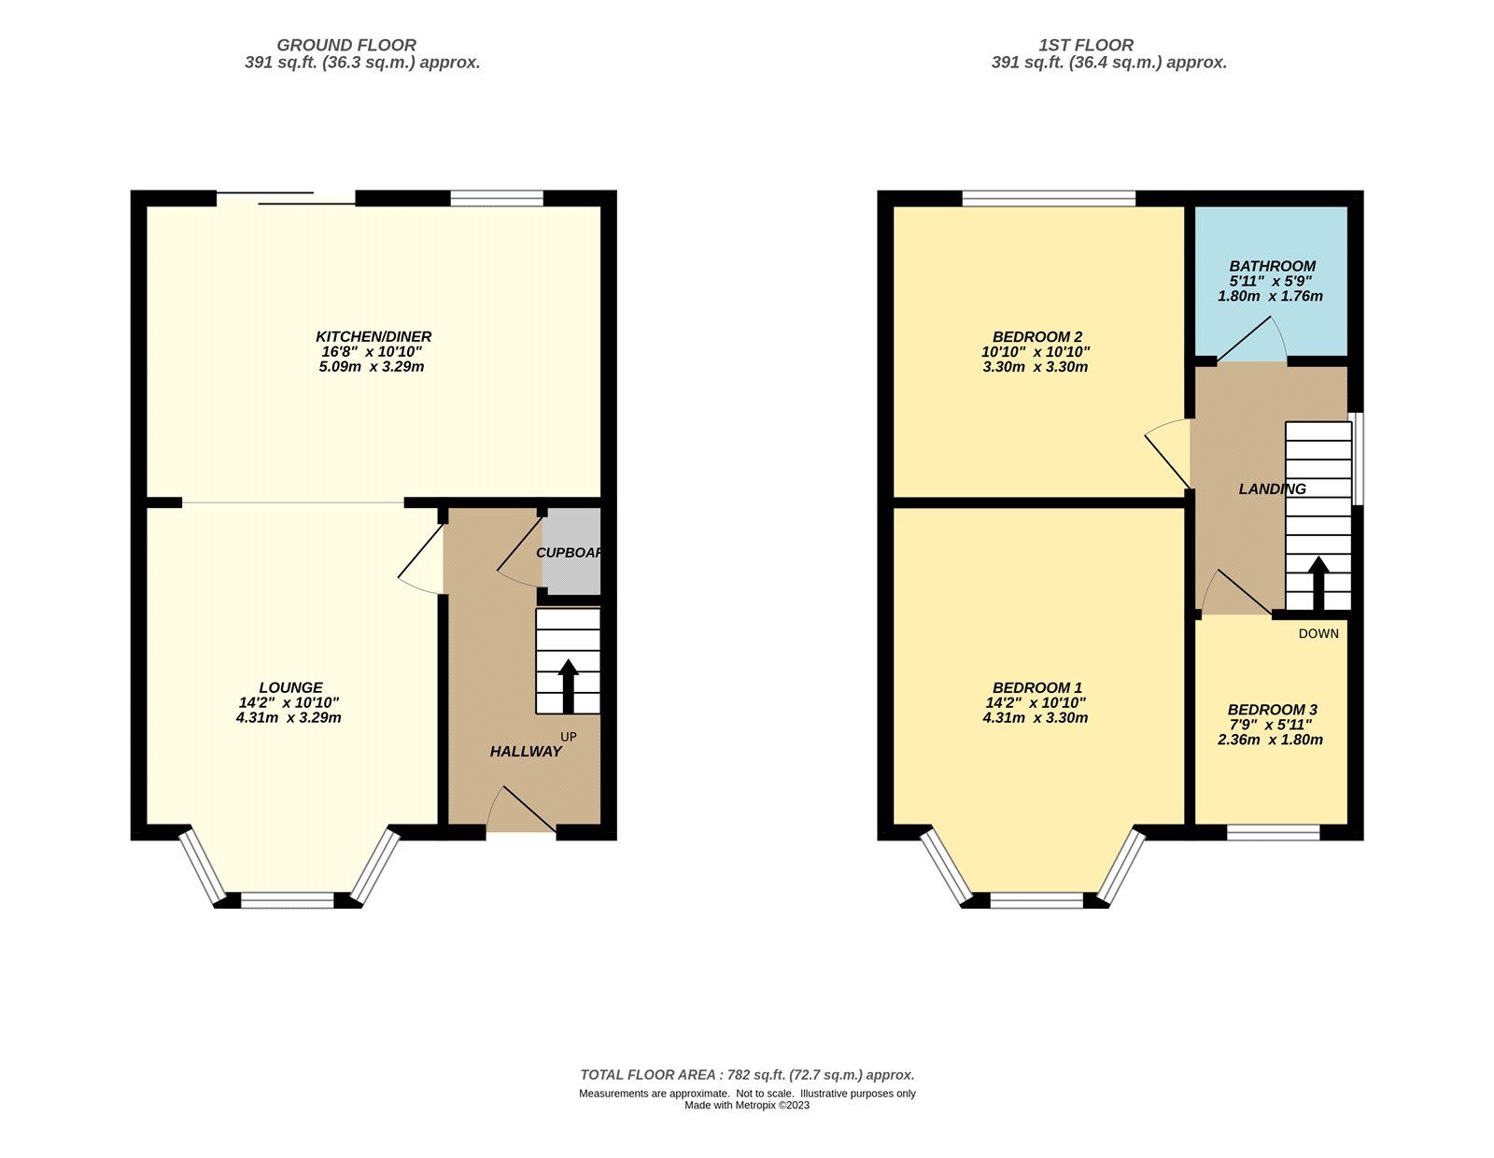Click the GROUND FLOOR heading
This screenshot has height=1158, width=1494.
coord(346,45)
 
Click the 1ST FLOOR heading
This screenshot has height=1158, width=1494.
coord(1086,45)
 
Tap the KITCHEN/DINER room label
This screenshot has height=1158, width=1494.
coord(373,336)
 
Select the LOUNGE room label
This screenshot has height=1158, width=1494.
coord(291,687)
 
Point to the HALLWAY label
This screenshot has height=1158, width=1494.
coord(526,751)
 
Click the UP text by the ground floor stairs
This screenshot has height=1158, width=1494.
coord(569,737)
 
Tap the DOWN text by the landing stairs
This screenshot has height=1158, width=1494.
coord(1318,633)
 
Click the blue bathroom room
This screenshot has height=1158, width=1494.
coord(1272,280)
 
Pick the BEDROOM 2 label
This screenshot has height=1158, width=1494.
coord(1036,336)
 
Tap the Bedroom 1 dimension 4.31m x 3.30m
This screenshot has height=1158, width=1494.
coord(1036,718)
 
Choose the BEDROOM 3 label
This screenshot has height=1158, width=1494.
coord(1272,710)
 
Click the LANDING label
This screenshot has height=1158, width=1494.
coord(1272,488)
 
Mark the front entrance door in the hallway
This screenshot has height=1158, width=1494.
coord(521,811)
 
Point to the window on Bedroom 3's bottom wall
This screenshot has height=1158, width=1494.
coord(1273,832)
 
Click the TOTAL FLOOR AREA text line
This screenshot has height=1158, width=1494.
coord(747,1075)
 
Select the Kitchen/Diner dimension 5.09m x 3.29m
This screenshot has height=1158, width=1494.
coord(372,367)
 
